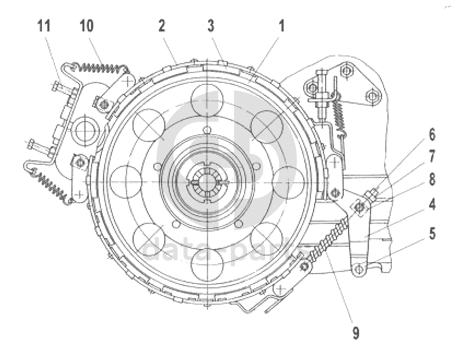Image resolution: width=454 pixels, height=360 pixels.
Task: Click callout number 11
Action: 44,25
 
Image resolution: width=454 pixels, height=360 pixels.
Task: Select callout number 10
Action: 86,25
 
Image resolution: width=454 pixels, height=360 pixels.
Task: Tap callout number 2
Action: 162,25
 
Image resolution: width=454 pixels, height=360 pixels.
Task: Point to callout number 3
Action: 211,25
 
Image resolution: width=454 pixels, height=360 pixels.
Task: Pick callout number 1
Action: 281,25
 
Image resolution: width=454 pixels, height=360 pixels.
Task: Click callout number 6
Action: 432,135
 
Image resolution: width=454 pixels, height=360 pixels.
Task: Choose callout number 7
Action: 432,157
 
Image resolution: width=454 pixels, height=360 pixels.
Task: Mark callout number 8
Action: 432,179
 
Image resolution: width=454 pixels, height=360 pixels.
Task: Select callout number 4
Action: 432,204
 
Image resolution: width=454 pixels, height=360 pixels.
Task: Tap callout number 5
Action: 432,233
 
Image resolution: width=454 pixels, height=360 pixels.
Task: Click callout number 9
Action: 356,333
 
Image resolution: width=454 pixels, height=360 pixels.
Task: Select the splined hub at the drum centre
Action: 207,182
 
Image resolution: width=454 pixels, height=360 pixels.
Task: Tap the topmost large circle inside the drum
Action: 207,100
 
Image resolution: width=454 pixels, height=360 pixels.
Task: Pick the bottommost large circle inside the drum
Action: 207,264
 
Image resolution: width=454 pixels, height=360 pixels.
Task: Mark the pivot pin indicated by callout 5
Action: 359,270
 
